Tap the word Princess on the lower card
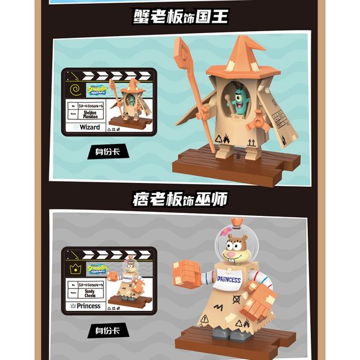tap(88, 306)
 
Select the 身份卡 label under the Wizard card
tap(107, 151)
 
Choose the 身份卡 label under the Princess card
tap(107, 329)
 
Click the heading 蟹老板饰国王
tap(180, 16)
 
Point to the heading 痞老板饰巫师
tap(180, 198)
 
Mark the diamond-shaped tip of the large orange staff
tap(184, 45)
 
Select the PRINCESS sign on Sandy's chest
tap(228, 280)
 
